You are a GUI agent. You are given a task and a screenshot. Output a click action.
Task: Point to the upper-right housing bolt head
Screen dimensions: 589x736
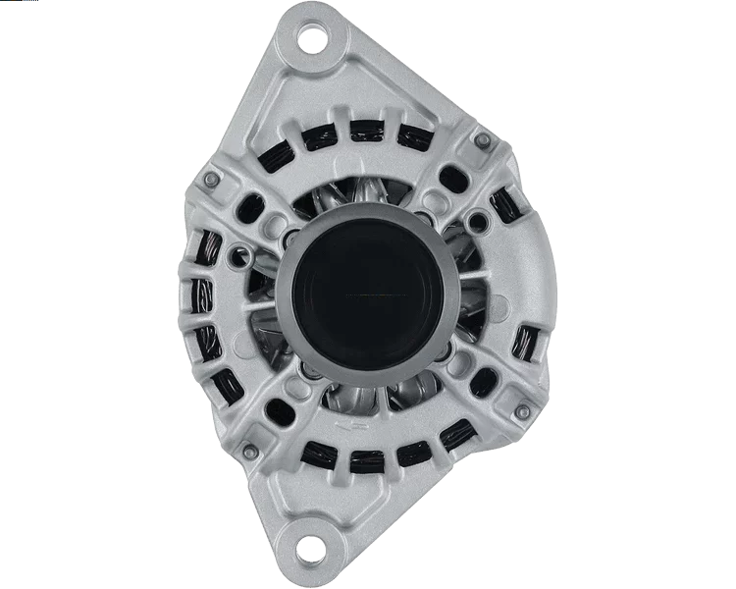point(481,142)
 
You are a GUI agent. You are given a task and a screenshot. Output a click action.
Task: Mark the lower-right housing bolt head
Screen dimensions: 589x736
point(507,400)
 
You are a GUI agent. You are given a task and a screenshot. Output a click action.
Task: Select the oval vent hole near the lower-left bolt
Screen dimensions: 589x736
point(277,405)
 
